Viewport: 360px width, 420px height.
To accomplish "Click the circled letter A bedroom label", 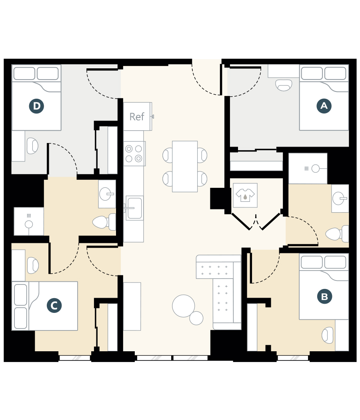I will [324, 106].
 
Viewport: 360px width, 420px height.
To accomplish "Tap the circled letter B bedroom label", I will [324, 297].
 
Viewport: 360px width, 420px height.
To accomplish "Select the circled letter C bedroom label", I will [54, 306].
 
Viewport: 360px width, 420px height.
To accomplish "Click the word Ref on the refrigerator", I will [137, 117].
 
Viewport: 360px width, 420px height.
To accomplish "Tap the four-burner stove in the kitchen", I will [134, 153].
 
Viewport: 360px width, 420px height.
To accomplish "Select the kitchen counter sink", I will [134, 208].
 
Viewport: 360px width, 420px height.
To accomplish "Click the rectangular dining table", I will [185, 166].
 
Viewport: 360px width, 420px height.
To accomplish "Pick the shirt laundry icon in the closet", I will [245, 195].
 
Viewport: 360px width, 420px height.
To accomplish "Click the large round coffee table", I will [184, 306].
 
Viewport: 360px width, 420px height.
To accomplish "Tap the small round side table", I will [196, 318].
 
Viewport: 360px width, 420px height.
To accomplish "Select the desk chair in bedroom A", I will [284, 85].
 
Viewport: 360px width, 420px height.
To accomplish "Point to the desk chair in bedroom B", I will [328, 335].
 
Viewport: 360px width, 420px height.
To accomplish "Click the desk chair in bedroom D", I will [32, 146].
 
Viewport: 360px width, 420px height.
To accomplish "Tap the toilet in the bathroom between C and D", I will [102, 222].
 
